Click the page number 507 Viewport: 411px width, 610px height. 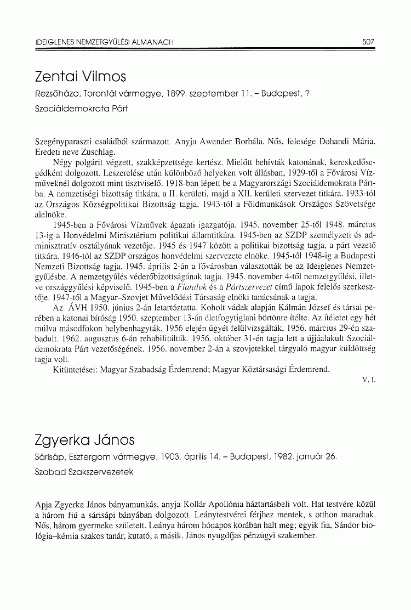tap(368, 41)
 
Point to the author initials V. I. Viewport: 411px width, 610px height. tap(369, 380)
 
